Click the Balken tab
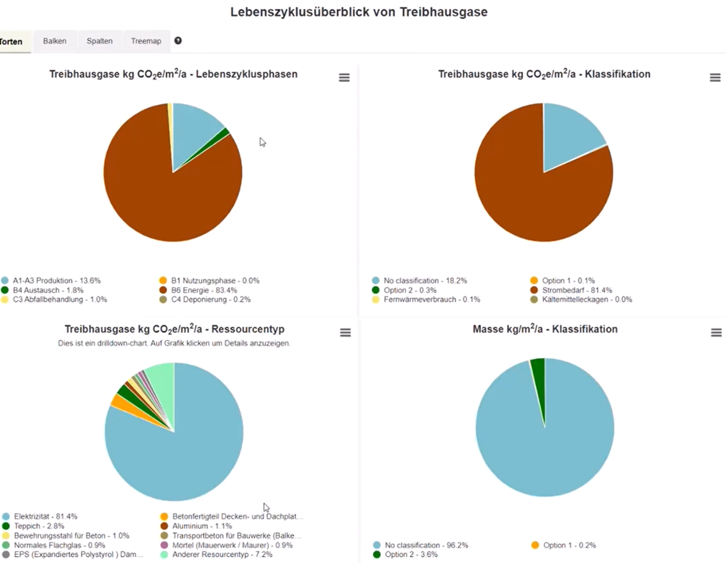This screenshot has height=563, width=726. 55,41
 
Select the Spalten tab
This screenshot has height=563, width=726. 99,41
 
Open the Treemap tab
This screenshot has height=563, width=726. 146,41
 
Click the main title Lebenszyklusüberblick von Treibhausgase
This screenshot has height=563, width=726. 359,12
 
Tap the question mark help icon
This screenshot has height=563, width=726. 178,41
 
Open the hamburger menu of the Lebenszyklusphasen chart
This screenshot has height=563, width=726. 344,78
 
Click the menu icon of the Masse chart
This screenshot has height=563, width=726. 716,333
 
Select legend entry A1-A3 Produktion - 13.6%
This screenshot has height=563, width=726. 56,281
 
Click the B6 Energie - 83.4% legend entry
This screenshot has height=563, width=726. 203,290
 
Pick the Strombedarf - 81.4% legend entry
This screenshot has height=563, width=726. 577,290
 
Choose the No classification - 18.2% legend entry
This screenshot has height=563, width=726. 424,281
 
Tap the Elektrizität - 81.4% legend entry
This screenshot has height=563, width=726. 45,517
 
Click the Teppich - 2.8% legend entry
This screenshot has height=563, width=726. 39,526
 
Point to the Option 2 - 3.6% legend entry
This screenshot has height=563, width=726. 410,555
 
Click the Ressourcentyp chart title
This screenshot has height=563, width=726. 174,329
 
